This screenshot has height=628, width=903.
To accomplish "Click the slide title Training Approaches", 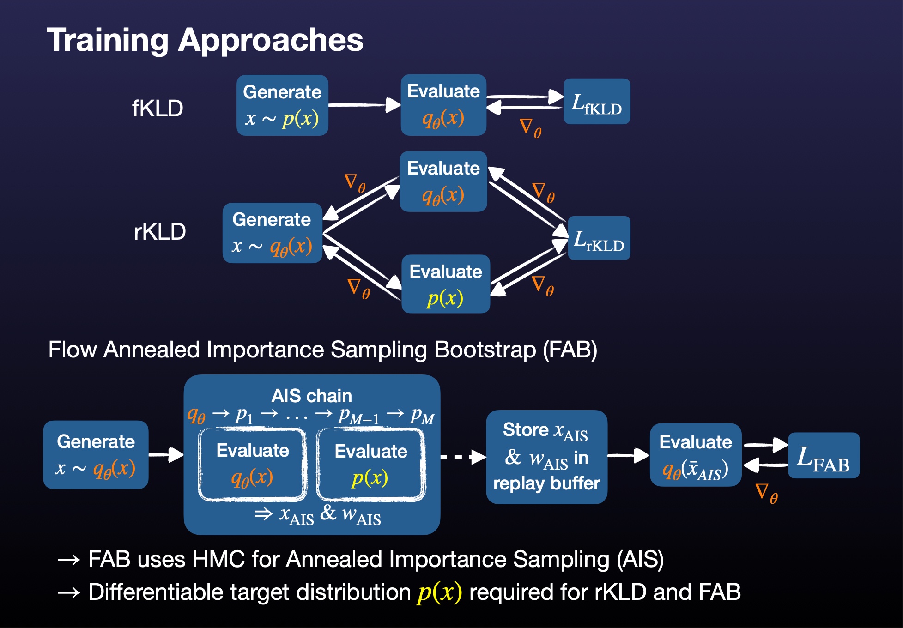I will [205, 40].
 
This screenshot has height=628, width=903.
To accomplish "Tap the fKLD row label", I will [158, 109].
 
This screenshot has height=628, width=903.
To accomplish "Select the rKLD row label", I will [160, 231].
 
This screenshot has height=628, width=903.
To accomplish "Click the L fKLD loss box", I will [597, 102].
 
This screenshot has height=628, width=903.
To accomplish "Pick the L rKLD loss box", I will [599, 238].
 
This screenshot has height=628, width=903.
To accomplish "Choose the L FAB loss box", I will [824, 456].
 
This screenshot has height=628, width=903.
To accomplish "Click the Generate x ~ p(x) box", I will [282, 105].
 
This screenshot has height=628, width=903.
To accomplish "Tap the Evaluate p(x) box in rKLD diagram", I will [446, 284].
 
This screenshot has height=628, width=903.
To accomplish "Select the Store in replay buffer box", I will [546, 457].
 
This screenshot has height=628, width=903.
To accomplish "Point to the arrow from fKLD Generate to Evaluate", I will [364, 105].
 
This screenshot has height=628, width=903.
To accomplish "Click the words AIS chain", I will [312, 396].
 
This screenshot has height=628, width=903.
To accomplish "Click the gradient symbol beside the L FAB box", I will [766, 493].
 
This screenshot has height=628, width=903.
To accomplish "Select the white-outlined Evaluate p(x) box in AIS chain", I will [370, 464].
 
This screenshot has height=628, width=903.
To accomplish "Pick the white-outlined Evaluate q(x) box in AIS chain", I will [253, 464].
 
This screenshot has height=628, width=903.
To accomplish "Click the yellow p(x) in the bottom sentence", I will [439, 592].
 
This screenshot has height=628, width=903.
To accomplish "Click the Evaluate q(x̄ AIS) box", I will [696, 455].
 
